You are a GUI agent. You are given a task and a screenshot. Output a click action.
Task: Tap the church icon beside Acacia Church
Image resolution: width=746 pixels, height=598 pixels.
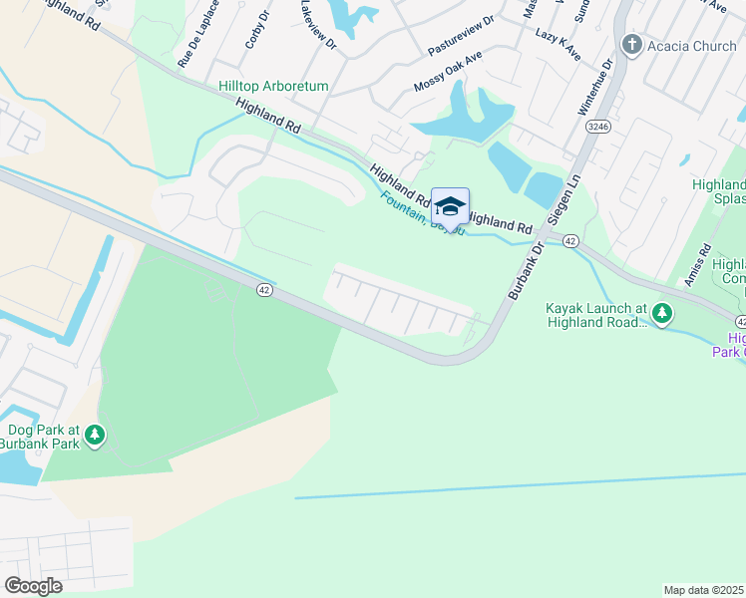630,45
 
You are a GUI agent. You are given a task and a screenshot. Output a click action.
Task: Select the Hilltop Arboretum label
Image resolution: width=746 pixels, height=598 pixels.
273,87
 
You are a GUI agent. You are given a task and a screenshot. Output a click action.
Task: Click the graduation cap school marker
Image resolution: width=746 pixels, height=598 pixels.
450,206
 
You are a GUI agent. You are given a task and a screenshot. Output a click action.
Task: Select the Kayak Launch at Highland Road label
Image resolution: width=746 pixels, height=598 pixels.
596,316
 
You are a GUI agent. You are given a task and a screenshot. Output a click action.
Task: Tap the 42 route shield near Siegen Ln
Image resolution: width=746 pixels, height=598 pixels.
569,241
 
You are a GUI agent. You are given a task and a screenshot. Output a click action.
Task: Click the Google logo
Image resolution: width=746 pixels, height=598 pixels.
33,586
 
